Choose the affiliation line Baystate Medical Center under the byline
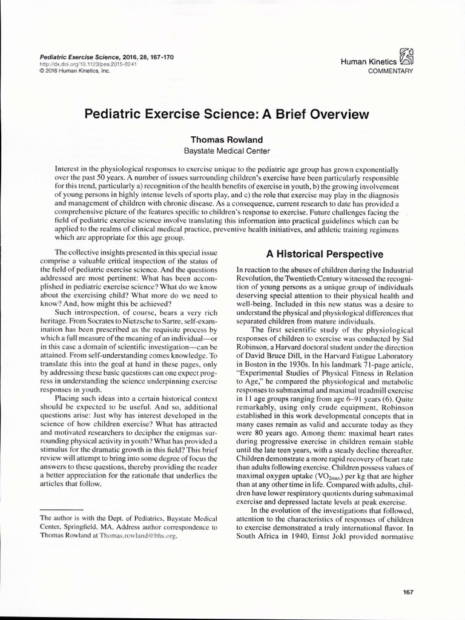(227, 151)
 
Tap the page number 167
(407, 591)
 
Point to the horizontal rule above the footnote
(61, 510)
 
